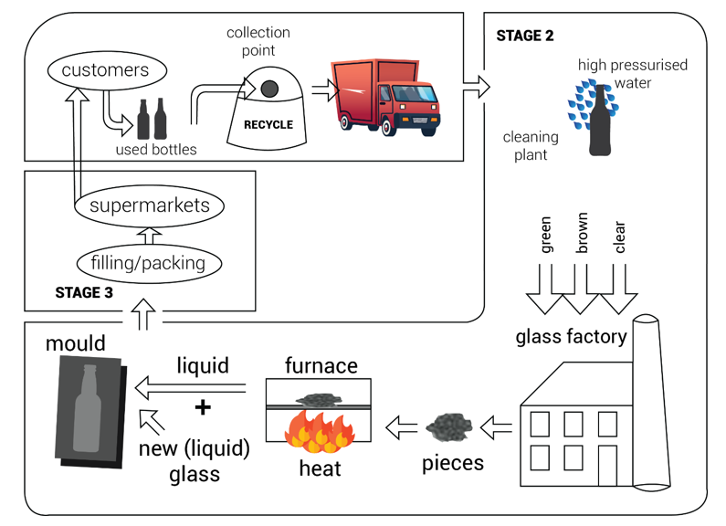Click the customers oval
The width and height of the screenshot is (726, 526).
tap(105, 70)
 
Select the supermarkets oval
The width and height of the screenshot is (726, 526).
tap(149, 205)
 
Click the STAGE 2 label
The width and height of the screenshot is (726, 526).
tap(524, 37)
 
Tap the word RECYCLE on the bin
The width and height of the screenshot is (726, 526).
tap(268, 124)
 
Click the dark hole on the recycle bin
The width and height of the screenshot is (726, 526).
tap(269, 89)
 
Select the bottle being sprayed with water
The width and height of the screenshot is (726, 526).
tap(599, 118)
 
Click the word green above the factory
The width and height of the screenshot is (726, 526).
tap(546, 235)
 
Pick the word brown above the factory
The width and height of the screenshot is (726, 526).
tap(583, 232)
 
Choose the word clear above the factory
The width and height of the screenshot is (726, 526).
tap(620, 237)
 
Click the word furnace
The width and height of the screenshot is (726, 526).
tap(321, 366)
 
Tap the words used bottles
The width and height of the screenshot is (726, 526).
tap(156, 149)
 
